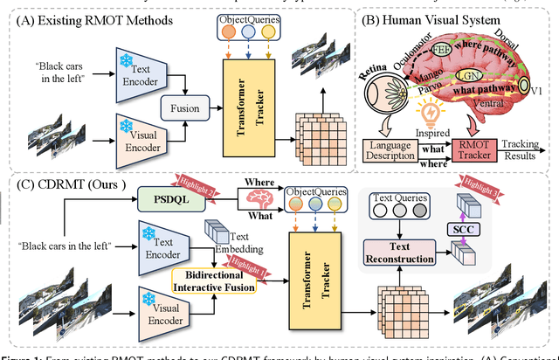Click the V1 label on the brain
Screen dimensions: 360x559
click(535, 87)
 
